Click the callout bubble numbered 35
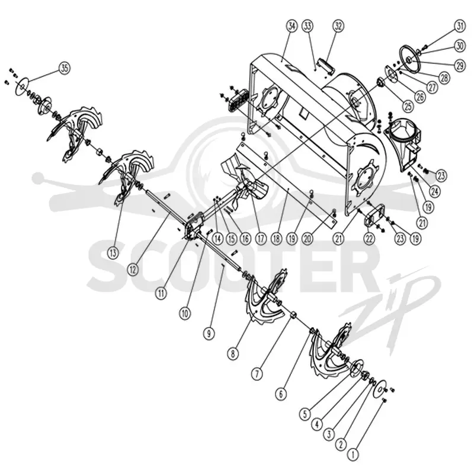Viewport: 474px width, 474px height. coord(65,68)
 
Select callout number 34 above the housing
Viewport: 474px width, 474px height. coord(292,26)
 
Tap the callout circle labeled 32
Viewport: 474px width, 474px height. coord(338,26)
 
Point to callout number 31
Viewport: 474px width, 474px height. coord(460,26)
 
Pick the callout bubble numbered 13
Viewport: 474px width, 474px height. coord(113,253)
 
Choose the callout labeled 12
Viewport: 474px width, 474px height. coord(132,269)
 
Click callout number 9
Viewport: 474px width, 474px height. coord(209,334)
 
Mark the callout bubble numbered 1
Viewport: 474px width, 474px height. coord(353,454)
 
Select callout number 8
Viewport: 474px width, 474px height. coord(233,354)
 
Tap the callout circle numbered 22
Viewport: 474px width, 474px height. coord(369,239)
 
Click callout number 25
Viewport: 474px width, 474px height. coord(408,106)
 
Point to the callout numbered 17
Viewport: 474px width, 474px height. coord(261,239)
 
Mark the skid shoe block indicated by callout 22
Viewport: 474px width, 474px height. coord(375,217)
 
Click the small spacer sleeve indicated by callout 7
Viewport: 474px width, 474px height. coord(293,316)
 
